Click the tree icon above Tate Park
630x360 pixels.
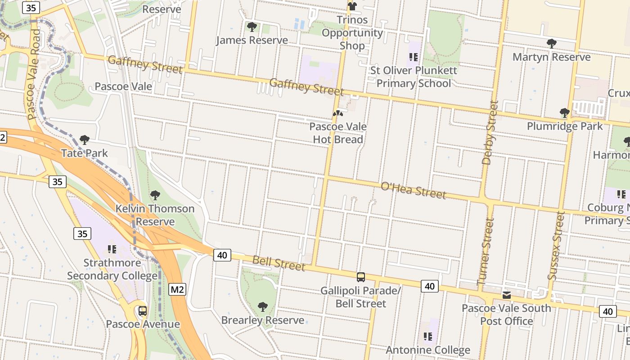pyautogui.click(x=84, y=140)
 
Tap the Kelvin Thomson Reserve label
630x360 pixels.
pyautogui.click(x=155, y=215)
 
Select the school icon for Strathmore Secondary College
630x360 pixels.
pyautogui.click(x=112, y=249)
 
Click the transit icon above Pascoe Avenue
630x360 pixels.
pyautogui.click(x=143, y=310)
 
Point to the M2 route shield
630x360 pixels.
pyautogui.click(x=177, y=289)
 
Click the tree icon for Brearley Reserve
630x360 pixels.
pyautogui.click(x=263, y=307)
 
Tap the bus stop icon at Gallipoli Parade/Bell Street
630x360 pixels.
pyautogui.click(x=360, y=277)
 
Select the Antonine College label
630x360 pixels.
pyautogui.click(x=428, y=350)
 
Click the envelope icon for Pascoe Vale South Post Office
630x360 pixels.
pyautogui.click(x=507, y=295)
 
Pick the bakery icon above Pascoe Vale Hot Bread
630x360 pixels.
pyautogui.click(x=337, y=113)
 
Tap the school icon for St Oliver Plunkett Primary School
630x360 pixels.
pyautogui.click(x=414, y=57)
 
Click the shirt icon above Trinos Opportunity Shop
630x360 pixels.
pyautogui.click(x=352, y=6)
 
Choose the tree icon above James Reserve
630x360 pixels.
pyautogui.click(x=252, y=27)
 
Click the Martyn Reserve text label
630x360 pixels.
pyautogui.click(x=551, y=57)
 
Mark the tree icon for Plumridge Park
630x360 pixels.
pyautogui.click(x=564, y=112)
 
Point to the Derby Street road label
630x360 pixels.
pyautogui.click(x=490, y=132)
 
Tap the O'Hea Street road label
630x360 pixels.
pyautogui.click(x=414, y=190)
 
